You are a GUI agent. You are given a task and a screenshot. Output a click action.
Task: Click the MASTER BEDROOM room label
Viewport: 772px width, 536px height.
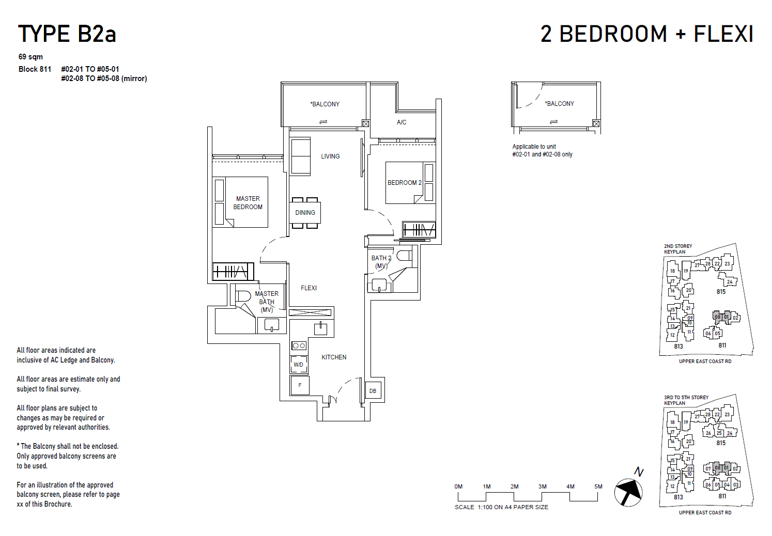[248, 202]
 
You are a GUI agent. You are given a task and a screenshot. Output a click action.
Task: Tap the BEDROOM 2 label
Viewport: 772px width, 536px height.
[404, 183]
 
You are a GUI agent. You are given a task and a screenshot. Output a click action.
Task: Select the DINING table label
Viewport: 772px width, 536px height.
[305, 213]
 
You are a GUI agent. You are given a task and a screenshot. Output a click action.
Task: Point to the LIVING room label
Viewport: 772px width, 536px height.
[330, 156]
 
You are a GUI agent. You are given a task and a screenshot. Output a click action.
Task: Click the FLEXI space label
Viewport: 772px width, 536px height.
[308, 288]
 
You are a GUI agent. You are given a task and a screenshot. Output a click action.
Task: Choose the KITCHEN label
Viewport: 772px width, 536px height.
[334, 357]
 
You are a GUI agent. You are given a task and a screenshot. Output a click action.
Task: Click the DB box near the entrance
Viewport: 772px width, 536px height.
[373, 391]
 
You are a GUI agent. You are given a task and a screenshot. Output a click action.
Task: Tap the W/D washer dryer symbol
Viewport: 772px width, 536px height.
[299, 365]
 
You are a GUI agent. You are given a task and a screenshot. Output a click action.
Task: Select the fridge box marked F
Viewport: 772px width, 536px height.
[300, 385]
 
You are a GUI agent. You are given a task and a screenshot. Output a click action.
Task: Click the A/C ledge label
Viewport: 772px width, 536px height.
[402, 122]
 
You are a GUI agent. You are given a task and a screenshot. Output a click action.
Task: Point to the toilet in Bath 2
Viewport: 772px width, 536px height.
[404, 256]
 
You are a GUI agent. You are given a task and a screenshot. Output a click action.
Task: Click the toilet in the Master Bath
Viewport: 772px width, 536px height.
[242, 296]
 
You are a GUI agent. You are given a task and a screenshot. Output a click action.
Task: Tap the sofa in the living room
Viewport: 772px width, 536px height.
[300, 156]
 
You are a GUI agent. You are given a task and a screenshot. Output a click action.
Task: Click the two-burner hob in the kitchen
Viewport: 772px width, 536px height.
[299, 345]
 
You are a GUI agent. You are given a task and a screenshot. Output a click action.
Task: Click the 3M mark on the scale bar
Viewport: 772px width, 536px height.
[542, 486]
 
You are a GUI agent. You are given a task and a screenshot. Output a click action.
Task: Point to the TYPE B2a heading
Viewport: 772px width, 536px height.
[67, 34]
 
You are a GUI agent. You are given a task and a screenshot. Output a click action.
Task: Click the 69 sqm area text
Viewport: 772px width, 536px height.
[30, 57]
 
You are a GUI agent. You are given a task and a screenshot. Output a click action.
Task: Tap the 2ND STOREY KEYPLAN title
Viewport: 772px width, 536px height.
[677, 249]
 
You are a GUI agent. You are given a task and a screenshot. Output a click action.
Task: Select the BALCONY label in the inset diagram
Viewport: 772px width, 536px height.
[560, 104]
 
